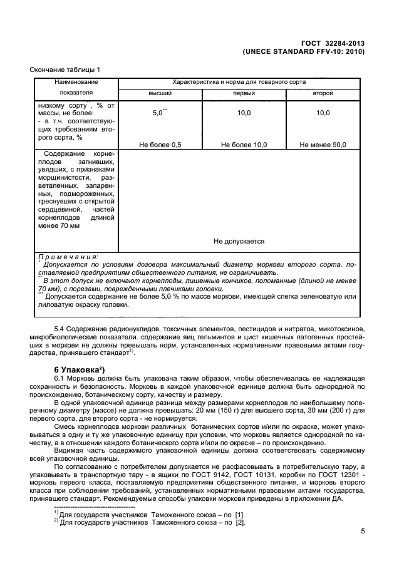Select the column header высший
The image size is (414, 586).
tap(160, 93)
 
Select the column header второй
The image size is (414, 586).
tap(323, 93)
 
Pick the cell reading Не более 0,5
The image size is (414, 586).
tap(160, 145)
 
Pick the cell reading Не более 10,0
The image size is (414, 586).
tap(244, 145)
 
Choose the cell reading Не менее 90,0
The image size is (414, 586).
tap(323, 145)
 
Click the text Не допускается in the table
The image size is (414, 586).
tap(239, 240)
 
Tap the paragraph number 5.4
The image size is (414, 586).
tap(61, 328)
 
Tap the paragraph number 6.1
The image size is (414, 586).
tap(61, 379)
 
